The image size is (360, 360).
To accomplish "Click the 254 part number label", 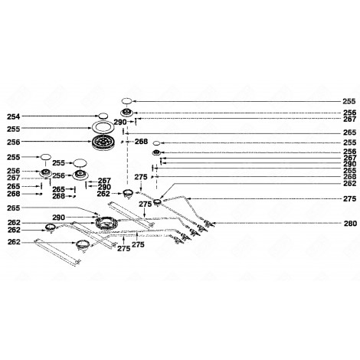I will (x=13, y=116).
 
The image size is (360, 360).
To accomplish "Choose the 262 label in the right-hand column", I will (x=349, y=184).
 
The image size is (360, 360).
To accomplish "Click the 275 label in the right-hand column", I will (x=349, y=199).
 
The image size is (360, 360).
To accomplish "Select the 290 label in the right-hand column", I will (x=349, y=164).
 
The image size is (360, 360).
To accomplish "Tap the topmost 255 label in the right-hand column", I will (x=349, y=101).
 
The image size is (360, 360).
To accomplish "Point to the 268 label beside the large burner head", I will (x=141, y=142).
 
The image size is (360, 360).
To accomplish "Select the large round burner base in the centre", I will (x=105, y=223).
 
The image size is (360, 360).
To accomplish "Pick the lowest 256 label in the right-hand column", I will (x=349, y=152).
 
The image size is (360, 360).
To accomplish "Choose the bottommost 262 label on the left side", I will (x=13, y=242).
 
